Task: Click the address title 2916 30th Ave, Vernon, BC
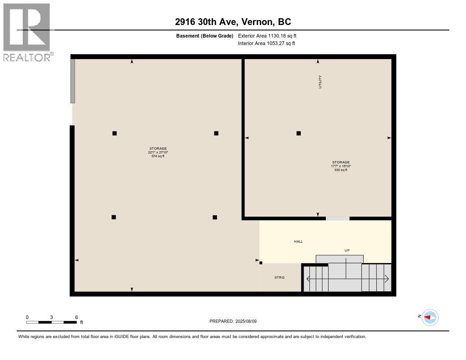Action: point(233,22)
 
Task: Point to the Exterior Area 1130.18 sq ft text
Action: point(267,35)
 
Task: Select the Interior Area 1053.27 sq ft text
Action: point(266,43)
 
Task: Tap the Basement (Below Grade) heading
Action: point(204,36)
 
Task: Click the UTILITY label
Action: point(320,82)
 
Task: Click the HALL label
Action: point(299,241)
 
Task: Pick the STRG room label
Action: point(279,277)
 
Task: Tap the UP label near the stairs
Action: point(347,250)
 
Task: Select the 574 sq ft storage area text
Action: point(158,156)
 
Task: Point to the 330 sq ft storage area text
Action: point(340,170)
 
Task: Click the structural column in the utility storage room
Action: point(299,133)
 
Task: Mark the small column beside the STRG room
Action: point(261,263)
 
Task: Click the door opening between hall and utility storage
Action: point(338,218)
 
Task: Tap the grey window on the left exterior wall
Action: point(72,81)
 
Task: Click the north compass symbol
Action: point(430,318)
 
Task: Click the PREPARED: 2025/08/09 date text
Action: point(233,321)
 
